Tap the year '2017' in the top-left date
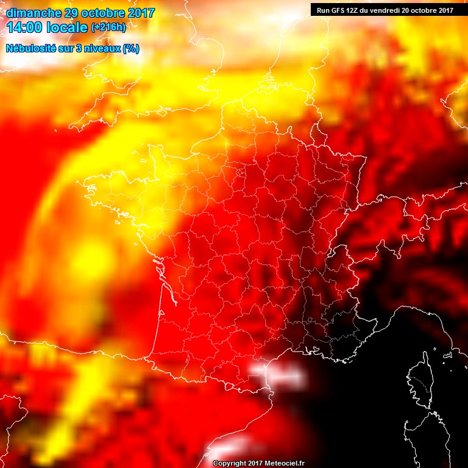(x=138, y=13)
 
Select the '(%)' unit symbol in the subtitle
(x=131, y=49)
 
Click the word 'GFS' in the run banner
(x=339, y=10)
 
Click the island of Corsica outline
(x=419, y=381)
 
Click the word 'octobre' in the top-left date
(x=104, y=13)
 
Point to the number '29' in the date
(x=72, y=13)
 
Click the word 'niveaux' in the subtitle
(x=104, y=49)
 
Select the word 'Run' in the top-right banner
(x=324, y=10)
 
